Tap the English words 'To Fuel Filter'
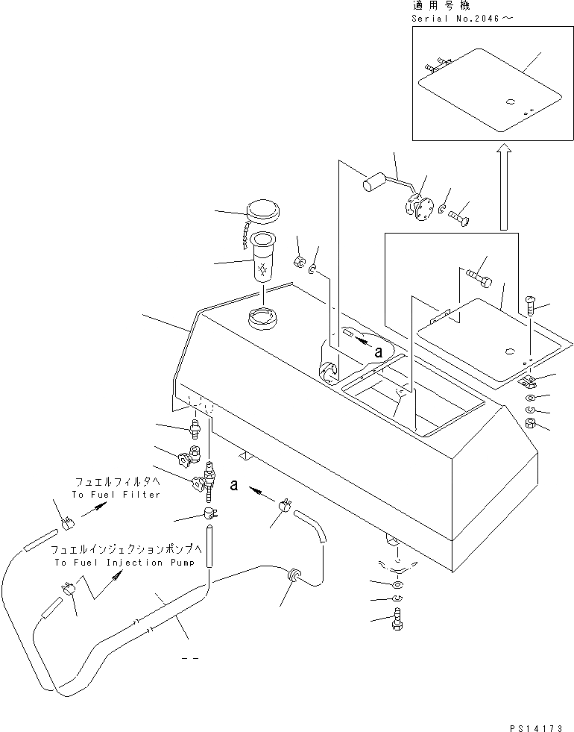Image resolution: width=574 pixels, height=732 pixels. click(116, 495)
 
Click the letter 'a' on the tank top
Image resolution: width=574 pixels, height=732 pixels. click(379, 351)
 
